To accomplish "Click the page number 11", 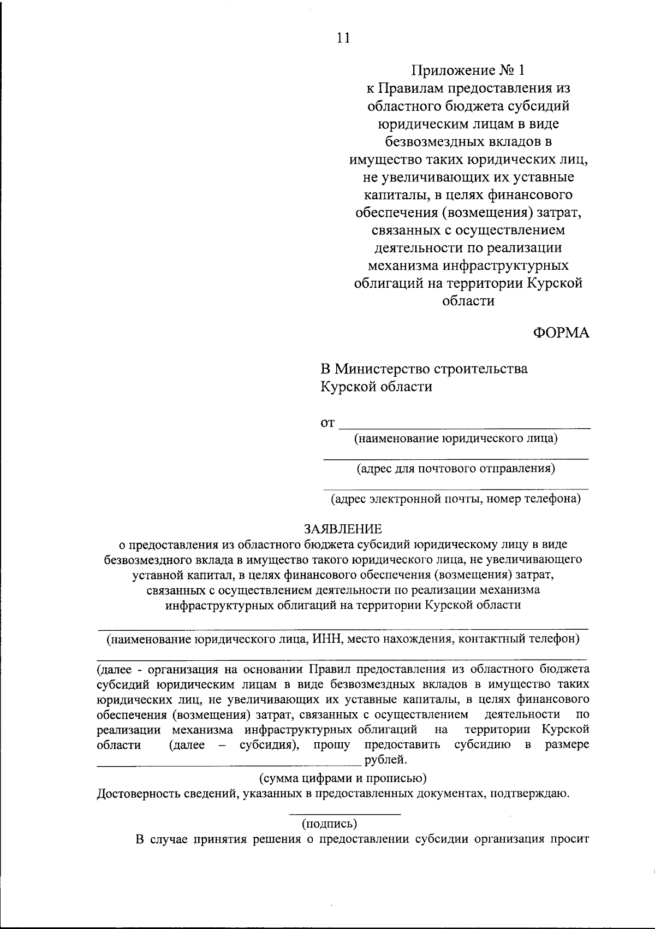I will click(343, 38).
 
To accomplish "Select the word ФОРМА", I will click(561, 333).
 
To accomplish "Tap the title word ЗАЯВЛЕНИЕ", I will click(343, 529).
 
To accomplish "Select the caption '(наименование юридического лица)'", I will click(456, 439).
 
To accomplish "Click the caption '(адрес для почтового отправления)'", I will click(456, 469).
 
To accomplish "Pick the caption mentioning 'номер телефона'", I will click(456, 499).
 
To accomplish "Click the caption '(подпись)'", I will click(329, 823).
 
